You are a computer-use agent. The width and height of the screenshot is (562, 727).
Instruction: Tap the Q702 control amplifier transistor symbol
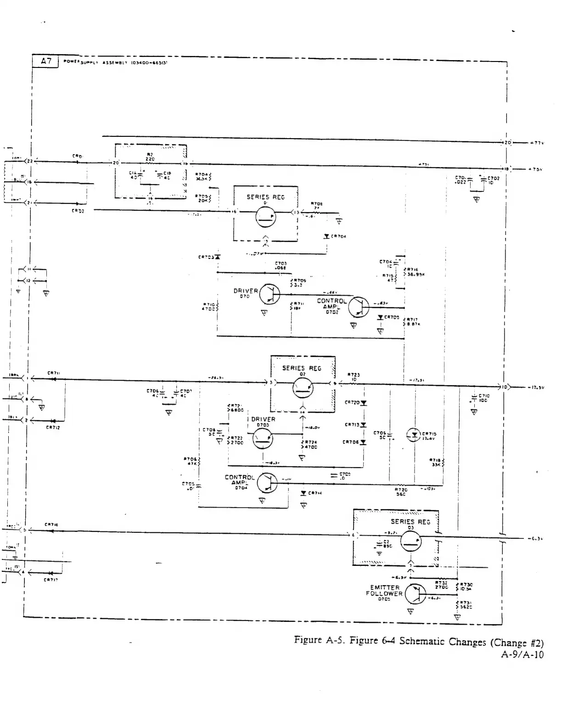click(359, 307)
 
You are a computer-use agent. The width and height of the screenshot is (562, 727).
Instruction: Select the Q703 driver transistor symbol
click(263, 439)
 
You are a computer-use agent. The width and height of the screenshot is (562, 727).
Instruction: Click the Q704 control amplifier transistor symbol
click(267, 482)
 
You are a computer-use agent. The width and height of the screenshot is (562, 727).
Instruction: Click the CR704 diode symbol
click(326, 236)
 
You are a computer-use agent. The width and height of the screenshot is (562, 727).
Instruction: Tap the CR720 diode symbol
click(364, 403)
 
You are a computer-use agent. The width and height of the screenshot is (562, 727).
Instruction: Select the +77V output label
click(536, 143)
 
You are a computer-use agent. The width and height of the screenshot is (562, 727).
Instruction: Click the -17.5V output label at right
click(536, 387)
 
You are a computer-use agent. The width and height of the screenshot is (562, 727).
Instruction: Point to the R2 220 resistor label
click(150, 157)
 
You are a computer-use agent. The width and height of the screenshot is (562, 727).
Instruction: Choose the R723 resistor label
click(353, 376)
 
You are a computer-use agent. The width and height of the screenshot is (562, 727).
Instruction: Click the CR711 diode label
click(53, 373)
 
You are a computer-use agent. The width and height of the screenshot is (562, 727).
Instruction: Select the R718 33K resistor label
click(435, 462)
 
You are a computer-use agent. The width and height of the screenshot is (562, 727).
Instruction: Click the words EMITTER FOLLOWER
click(384, 590)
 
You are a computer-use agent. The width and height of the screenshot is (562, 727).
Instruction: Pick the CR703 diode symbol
click(217, 257)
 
